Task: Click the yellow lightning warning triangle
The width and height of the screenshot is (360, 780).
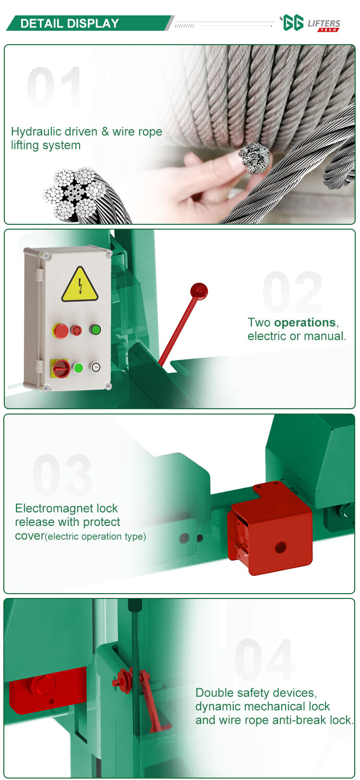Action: coord(80,285)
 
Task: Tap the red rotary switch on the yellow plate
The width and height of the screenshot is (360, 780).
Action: coord(60,368)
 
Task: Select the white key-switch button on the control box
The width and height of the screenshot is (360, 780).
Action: coord(96,366)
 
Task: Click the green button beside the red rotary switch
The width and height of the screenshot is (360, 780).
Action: coord(78,368)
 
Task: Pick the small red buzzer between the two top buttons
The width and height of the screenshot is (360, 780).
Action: coord(76,330)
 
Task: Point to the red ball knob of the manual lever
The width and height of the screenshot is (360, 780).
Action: coord(199,291)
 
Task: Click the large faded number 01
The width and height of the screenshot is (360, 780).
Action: coord(54,87)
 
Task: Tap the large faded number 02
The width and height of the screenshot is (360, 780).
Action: coord(292,292)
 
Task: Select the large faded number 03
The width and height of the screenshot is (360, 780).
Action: coord(63,475)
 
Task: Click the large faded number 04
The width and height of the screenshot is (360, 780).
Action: coord(265,659)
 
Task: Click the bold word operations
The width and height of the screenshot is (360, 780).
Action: coord(305,322)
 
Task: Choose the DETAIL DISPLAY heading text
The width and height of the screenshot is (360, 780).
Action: coord(70,24)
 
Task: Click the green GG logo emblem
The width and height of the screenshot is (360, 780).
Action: coord(292,23)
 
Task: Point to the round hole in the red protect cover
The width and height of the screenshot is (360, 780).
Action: coord(280,547)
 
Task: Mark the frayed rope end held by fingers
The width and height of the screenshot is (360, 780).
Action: coord(254,158)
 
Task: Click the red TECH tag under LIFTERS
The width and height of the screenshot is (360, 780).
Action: coord(327,30)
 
